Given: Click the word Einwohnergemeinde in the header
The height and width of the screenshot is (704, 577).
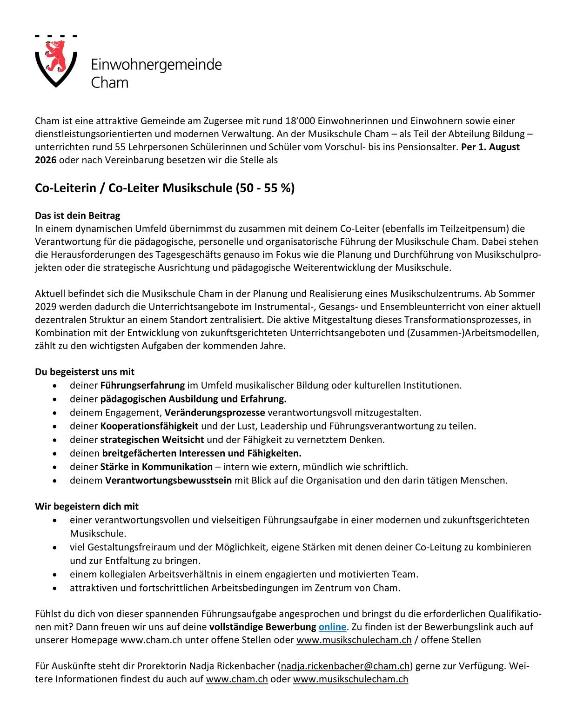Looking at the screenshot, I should pos(156,64).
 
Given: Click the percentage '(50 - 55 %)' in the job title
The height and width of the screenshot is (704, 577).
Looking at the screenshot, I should pos(265,188).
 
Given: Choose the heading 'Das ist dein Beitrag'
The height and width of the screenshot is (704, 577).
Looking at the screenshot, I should pos(77,215).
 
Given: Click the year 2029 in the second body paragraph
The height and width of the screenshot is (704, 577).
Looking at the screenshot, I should pos(45,307).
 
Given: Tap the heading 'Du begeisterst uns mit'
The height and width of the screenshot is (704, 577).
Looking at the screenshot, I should pos(84,372).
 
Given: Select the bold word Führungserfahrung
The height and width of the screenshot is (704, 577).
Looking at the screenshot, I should pos(142,385).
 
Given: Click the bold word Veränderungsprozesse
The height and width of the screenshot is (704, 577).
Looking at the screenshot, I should pos(215,412).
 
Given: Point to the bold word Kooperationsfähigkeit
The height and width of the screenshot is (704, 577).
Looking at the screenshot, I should pos(149,426).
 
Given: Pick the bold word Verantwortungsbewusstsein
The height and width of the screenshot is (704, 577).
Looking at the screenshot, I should pos(168,480).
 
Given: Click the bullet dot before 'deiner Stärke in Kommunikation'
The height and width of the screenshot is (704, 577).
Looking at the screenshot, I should pos(55,467).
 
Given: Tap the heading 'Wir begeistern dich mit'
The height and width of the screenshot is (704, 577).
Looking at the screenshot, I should pos(87,506).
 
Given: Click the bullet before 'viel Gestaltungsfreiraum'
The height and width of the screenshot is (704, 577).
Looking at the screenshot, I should pos(55,547).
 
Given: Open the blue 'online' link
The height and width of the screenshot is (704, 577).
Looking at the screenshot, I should pos(332,627).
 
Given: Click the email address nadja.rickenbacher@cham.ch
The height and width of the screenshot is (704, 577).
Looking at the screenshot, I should pos(345,666).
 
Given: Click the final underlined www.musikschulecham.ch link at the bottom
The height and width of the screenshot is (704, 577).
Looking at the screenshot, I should pos(350,679).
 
